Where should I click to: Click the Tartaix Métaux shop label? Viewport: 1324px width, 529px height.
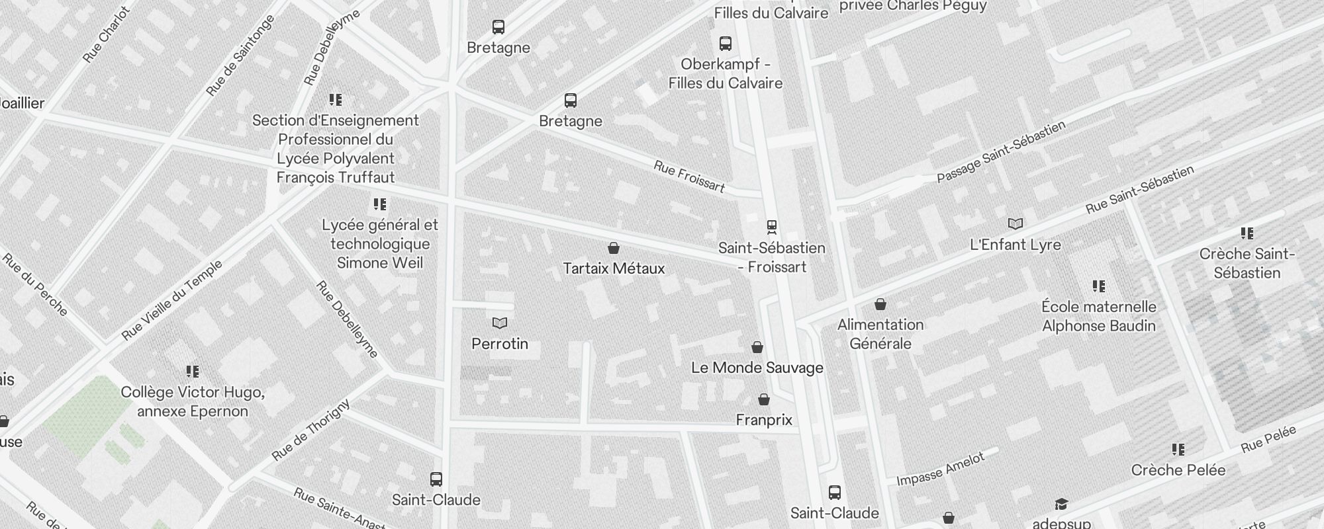click(x=614, y=268)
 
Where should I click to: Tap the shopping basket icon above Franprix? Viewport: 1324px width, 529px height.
click(x=764, y=400)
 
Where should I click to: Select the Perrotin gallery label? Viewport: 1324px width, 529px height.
click(x=500, y=344)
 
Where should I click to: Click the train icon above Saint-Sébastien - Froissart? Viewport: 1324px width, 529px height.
click(x=771, y=227)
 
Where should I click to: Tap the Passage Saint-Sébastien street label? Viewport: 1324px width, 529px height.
click(x=1000, y=153)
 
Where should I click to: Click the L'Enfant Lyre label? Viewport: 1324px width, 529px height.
click(x=1015, y=245)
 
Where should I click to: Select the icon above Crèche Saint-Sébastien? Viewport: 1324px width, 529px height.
click(x=1247, y=233)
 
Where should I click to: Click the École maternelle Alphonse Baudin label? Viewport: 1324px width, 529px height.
click(x=1098, y=316)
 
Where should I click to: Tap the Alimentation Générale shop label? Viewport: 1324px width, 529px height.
click(x=880, y=334)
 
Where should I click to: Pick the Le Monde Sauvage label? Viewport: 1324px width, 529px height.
click(x=757, y=368)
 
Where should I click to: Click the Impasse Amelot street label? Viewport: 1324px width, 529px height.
click(x=940, y=470)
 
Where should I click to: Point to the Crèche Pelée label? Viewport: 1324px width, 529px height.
click(x=1178, y=470)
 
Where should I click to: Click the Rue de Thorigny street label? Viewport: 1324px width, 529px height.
click(x=310, y=430)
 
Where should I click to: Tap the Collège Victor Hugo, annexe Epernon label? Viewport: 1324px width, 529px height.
click(x=192, y=401)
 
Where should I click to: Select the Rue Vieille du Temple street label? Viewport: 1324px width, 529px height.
click(x=172, y=301)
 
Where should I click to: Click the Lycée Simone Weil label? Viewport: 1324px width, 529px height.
click(x=379, y=244)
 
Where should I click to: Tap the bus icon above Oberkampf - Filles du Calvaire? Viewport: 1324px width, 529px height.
click(x=726, y=44)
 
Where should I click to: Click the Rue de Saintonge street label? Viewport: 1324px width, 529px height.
click(x=240, y=56)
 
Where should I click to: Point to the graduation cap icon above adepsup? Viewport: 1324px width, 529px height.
click(x=1061, y=505)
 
